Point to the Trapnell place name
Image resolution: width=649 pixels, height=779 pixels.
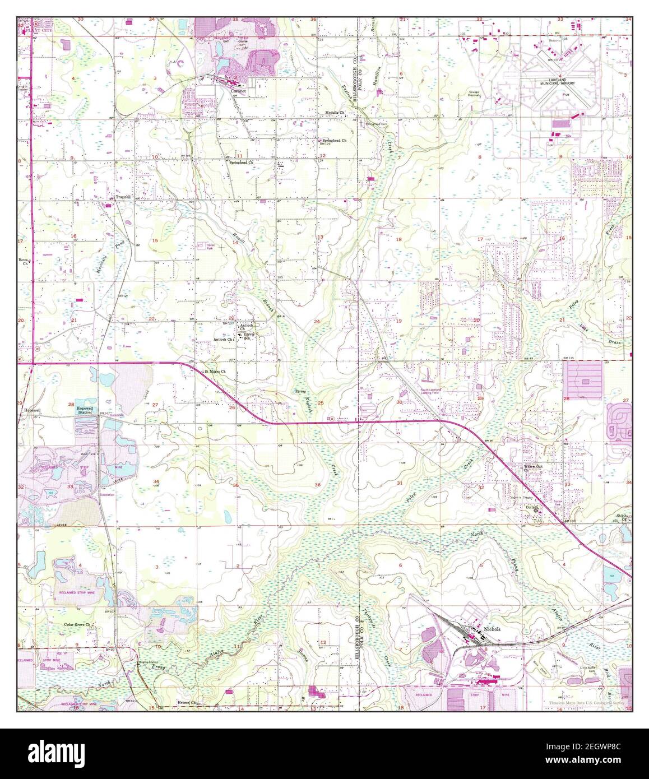[123, 197]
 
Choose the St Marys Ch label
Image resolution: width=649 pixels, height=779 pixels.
[214, 371]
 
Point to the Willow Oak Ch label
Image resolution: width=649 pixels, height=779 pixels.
[533, 467]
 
